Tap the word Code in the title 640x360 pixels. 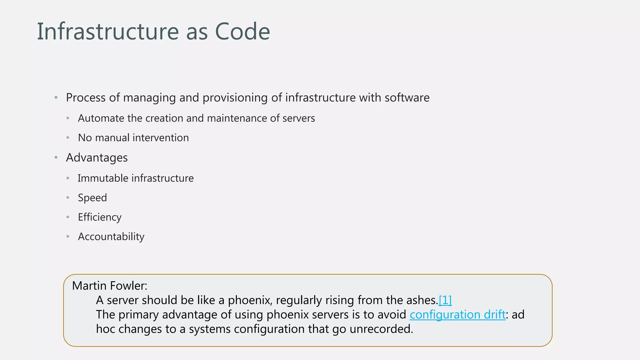(x=242, y=32)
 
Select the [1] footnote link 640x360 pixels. (x=445, y=300)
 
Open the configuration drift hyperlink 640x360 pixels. (x=457, y=315)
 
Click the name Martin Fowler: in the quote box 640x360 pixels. (x=110, y=286)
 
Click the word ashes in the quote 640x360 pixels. (x=422, y=300)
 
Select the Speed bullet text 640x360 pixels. (x=92, y=198)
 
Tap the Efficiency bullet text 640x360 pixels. (x=100, y=217)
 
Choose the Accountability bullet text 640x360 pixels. (x=111, y=237)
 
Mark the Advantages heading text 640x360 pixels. (x=97, y=158)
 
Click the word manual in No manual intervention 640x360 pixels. (x=112, y=138)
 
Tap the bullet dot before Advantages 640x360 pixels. (x=56, y=157)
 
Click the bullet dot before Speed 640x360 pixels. (x=68, y=197)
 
